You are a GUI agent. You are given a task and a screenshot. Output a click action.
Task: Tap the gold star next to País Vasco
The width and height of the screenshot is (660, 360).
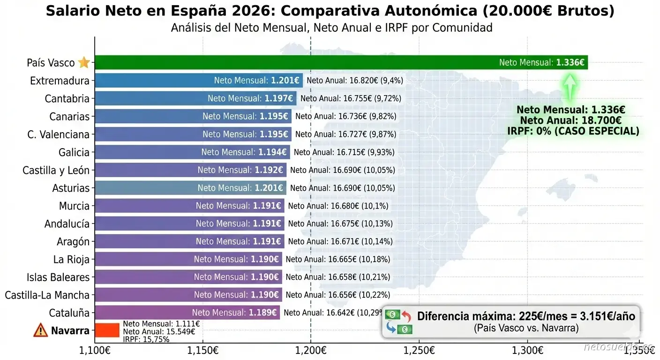[x=84, y=62]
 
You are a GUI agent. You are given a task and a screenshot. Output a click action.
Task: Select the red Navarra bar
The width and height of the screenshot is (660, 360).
[x=107, y=330]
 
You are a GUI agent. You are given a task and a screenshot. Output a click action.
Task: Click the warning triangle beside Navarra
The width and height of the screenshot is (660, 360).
[x=41, y=330]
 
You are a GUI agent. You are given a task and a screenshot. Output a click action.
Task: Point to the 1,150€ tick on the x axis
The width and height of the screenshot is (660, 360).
[x=202, y=350]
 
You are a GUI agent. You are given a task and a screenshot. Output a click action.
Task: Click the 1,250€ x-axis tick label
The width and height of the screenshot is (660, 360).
[x=419, y=350]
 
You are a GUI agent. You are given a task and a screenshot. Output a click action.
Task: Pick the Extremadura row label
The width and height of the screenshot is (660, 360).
[x=60, y=81]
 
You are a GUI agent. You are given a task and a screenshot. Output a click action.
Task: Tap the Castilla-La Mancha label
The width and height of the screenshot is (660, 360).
[x=47, y=295]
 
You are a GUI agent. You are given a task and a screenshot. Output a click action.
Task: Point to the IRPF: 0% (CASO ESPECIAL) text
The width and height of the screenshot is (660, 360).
[x=573, y=131]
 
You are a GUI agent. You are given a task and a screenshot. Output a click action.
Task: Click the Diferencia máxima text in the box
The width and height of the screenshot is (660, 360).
[x=526, y=316]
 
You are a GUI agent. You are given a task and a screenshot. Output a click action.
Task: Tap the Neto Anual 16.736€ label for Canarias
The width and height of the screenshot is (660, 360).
[x=346, y=116]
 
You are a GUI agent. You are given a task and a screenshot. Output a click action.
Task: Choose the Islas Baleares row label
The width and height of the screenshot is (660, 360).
[x=58, y=277]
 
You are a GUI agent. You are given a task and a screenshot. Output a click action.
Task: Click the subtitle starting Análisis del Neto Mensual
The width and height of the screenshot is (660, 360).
[x=331, y=28]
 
